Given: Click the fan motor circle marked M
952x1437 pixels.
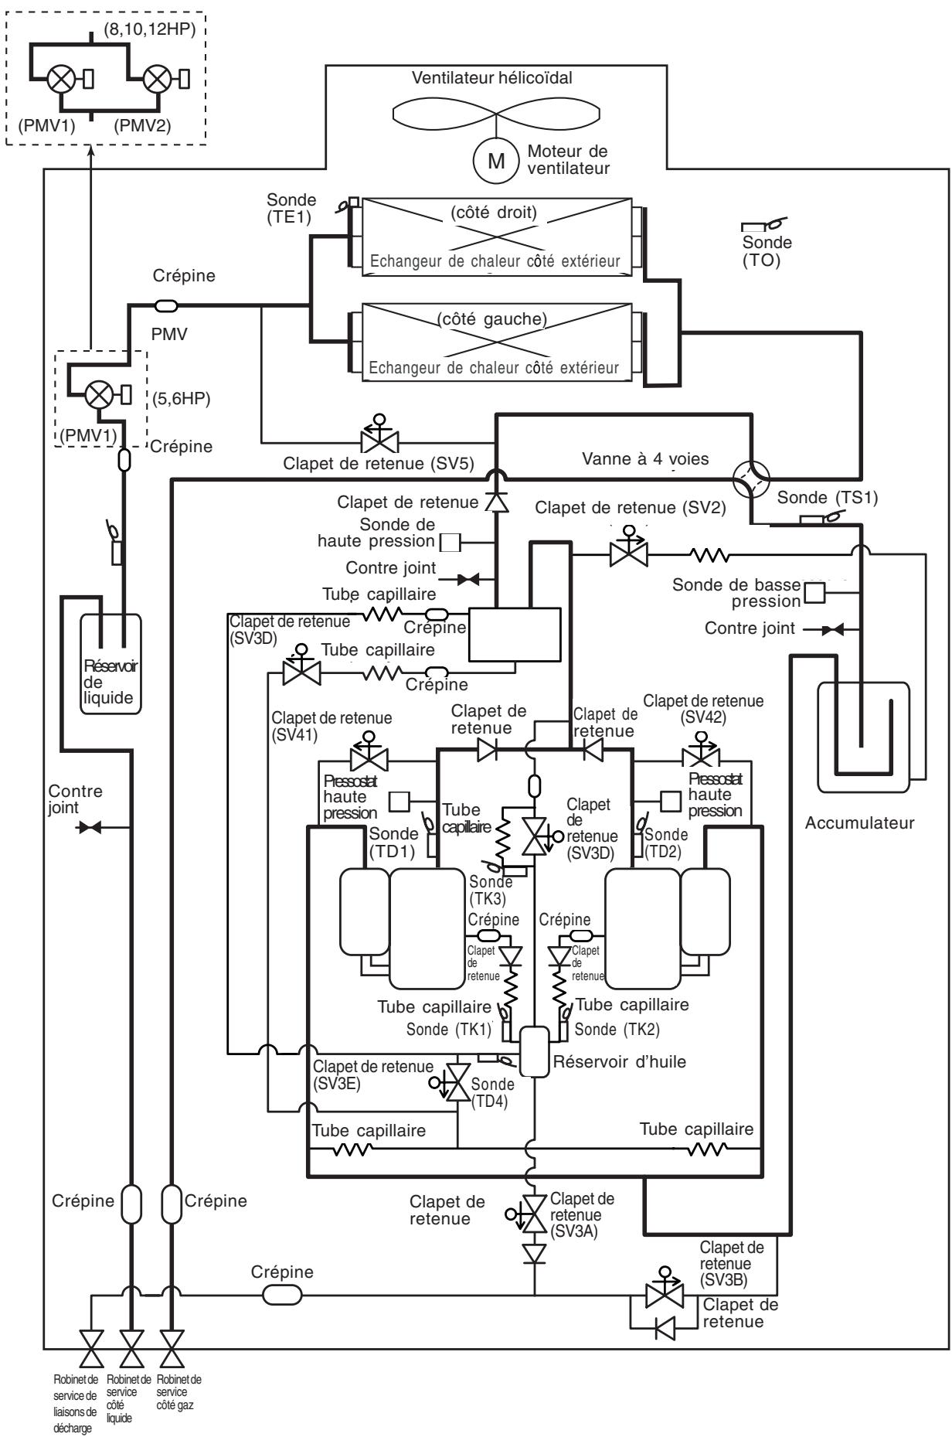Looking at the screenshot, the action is pyautogui.click(x=498, y=161).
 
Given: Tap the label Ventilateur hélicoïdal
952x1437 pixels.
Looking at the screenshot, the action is pyautogui.click(x=492, y=77).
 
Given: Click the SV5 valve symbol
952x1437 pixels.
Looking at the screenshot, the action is pyautogui.click(x=379, y=438).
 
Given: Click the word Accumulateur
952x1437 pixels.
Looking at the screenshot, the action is pyautogui.click(x=859, y=823).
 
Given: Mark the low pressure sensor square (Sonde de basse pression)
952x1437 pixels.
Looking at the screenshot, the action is pyautogui.click(x=814, y=593).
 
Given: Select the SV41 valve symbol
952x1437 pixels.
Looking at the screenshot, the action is pyautogui.click(x=369, y=755).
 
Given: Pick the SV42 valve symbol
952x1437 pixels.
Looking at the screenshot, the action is pyautogui.click(x=701, y=755).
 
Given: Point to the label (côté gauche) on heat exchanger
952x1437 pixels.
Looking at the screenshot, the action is pyautogui.click(x=491, y=318).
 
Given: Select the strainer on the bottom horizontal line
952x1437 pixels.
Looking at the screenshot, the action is pyautogui.click(x=283, y=1293).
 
